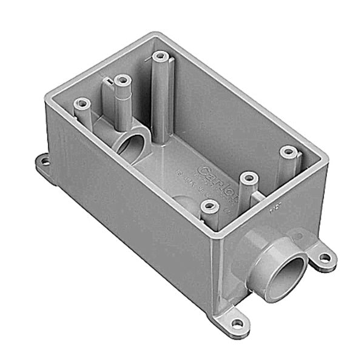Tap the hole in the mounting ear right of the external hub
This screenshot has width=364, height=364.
coord(325,257)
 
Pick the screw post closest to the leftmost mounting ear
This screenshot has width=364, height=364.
coord(82,105)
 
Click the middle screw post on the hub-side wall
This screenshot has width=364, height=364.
coord(248,178)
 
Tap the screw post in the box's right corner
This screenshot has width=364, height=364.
coord(288,150)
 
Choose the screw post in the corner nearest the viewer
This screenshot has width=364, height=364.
coord(209,206)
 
